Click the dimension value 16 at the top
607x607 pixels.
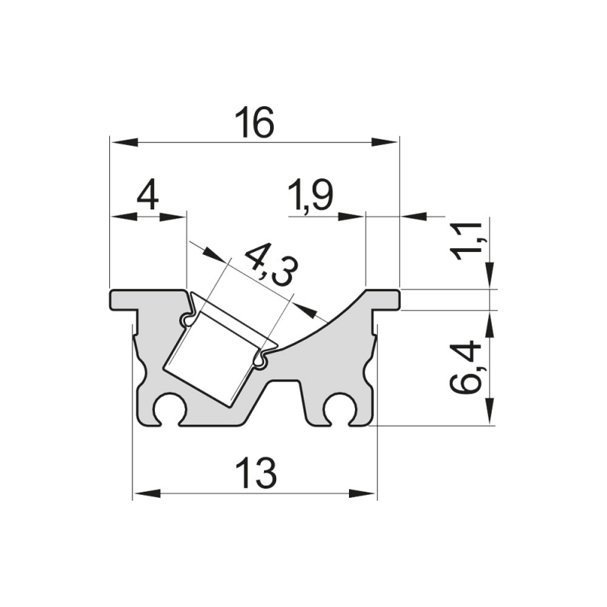[253, 124]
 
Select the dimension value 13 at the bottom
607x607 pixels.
[255, 475]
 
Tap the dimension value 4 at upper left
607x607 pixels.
[147, 197]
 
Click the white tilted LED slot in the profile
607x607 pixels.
[214, 357]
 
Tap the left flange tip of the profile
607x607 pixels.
[115, 300]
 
